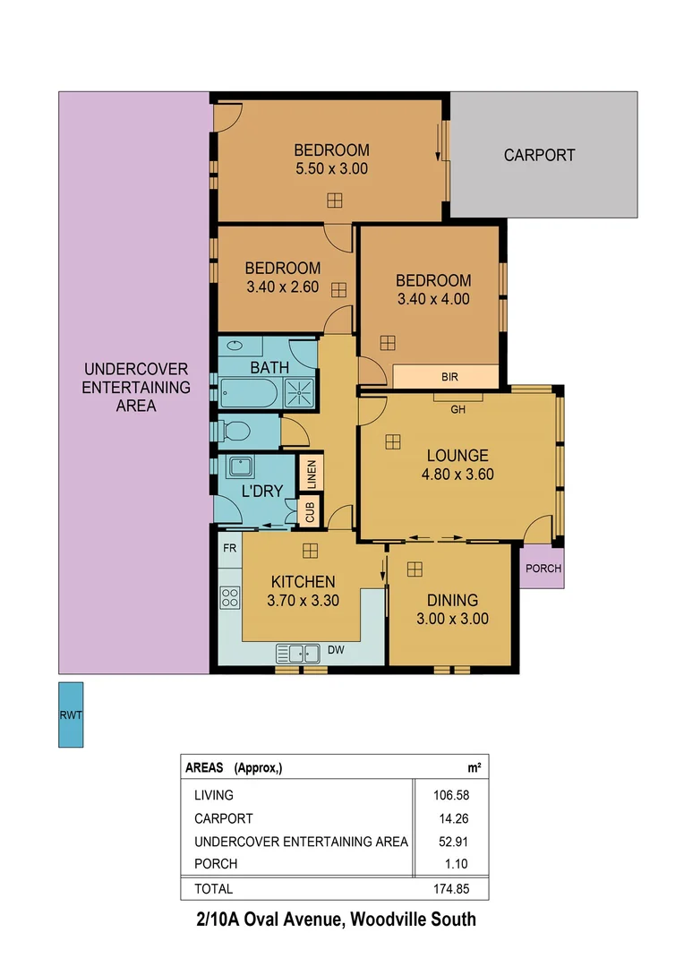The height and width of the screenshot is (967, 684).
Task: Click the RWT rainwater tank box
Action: tap(71, 715)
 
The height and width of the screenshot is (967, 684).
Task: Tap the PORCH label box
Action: tap(543, 569)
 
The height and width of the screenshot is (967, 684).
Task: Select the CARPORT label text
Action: tap(539, 155)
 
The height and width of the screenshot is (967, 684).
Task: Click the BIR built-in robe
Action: tap(449, 377)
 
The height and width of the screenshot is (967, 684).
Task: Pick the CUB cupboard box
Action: tap(311, 513)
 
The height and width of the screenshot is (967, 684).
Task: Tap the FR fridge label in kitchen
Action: tap(230, 548)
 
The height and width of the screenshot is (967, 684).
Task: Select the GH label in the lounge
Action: tap(458, 411)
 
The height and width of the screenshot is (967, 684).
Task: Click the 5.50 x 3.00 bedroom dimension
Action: tap(331, 167)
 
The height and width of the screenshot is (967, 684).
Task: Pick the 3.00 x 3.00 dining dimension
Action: tap(452, 618)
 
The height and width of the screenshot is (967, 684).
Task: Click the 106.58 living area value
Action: tap(451, 794)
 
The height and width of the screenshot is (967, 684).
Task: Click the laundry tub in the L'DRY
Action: tap(240, 467)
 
